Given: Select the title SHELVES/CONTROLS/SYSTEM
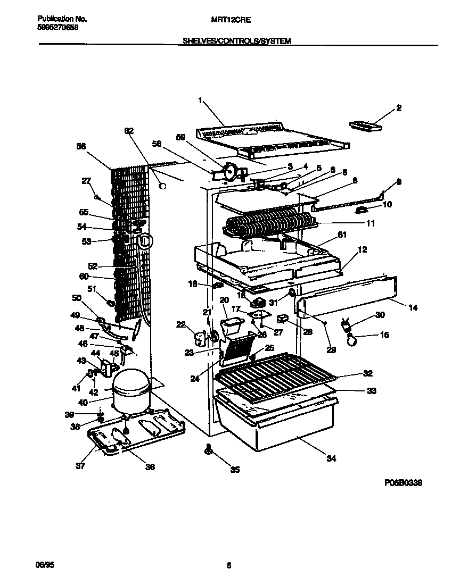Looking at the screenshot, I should coord(237,40).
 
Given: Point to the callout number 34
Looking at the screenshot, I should coord(331,458).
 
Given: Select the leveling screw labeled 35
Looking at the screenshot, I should coord(207,450).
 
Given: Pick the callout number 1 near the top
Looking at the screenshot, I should coord(200,100).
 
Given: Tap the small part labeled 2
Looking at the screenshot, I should coord(366,126).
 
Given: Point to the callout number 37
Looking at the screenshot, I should coord(80,466).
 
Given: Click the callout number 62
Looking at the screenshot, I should coord(129,130).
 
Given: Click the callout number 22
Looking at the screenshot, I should coord(182,324).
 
